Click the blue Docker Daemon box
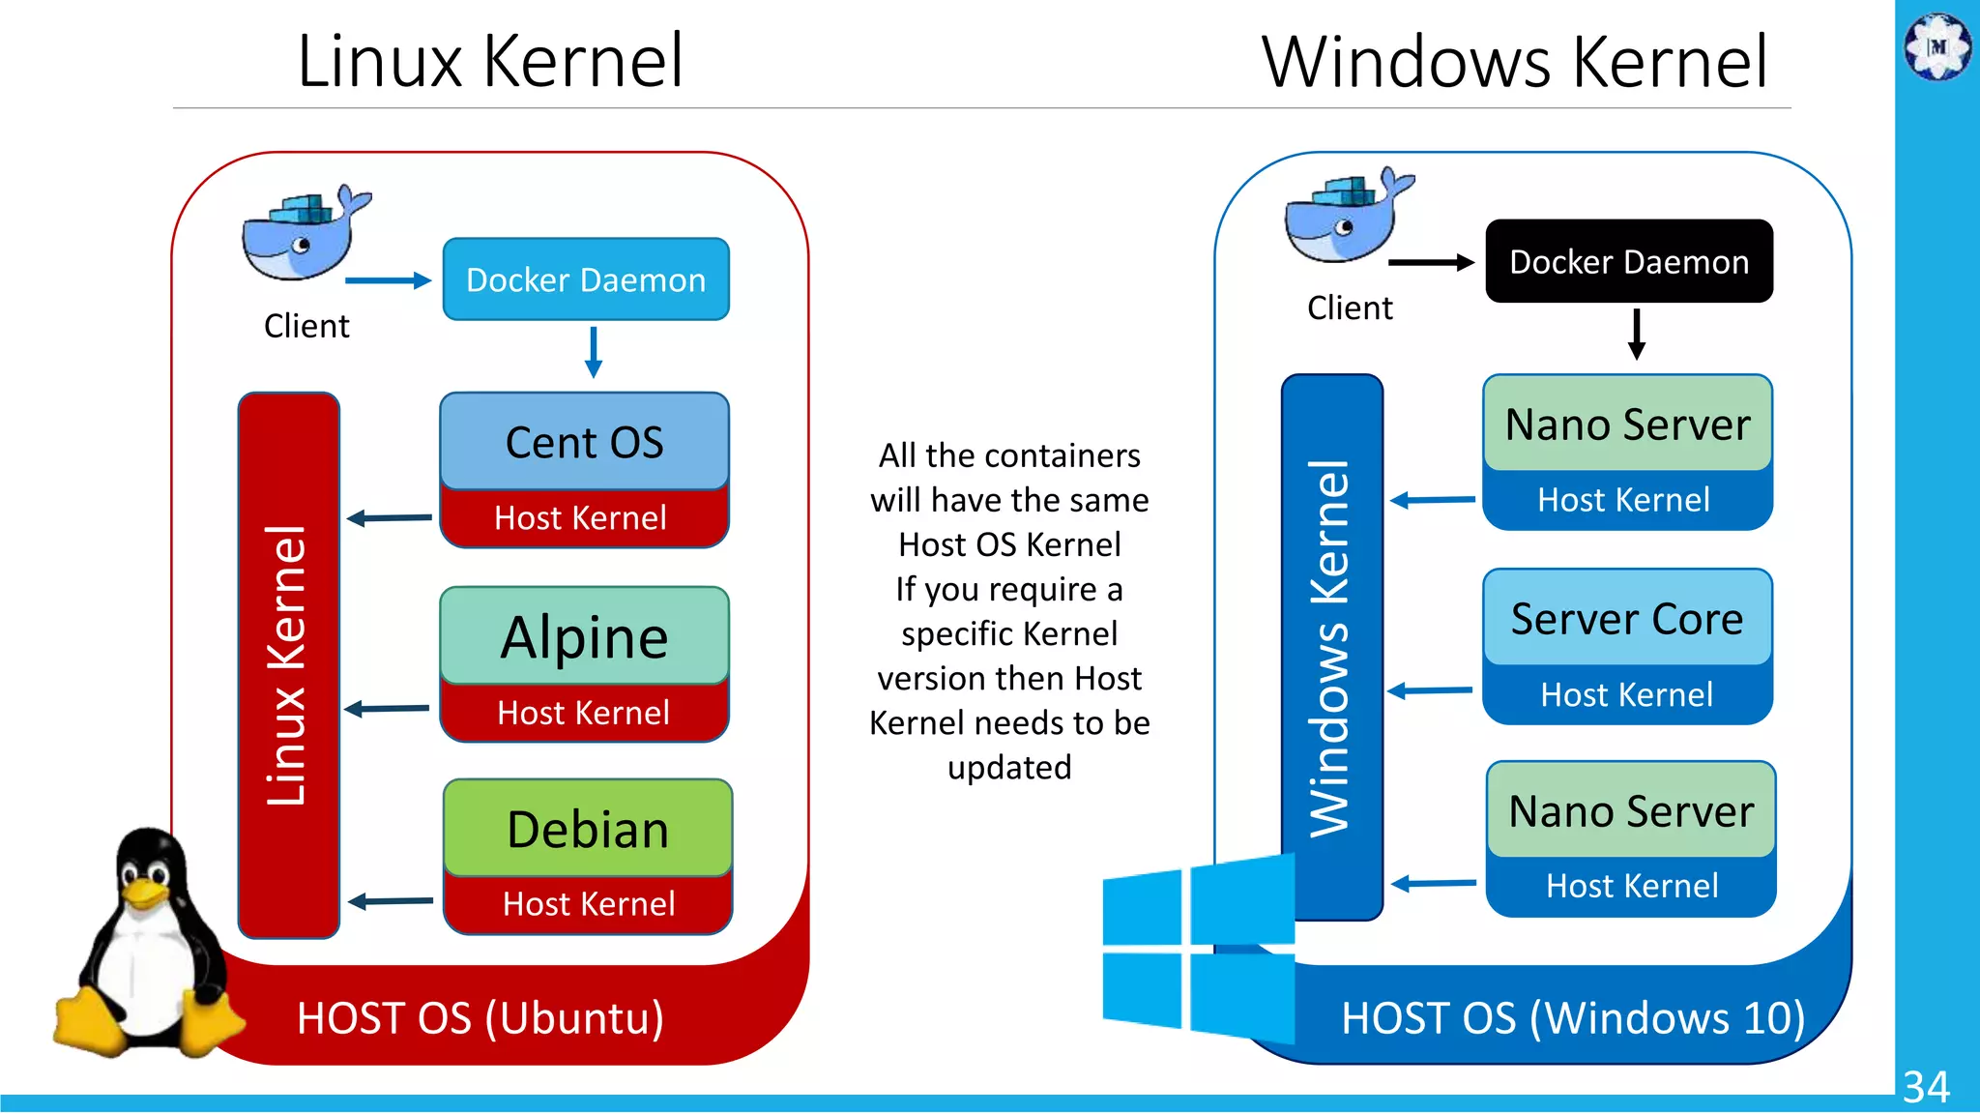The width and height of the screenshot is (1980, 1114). (x=586, y=279)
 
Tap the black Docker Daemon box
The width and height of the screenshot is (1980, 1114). (x=1629, y=261)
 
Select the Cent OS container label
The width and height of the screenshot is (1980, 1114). (x=584, y=442)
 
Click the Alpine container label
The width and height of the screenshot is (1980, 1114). (x=584, y=637)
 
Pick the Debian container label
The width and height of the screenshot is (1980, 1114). (x=588, y=830)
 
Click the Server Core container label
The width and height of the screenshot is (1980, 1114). (x=1627, y=619)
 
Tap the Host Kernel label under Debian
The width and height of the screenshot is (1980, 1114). (x=588, y=904)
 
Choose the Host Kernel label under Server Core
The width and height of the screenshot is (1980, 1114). (x=1627, y=694)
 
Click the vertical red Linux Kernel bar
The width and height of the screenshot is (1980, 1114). (x=288, y=665)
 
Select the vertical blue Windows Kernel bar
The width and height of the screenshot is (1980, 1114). (x=1331, y=646)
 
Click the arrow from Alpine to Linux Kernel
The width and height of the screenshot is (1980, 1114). (x=387, y=709)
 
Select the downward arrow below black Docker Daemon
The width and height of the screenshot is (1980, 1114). (x=1636, y=334)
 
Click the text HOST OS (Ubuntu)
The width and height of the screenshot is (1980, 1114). (x=480, y=1018)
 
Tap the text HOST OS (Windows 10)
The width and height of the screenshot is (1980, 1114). (x=1573, y=1018)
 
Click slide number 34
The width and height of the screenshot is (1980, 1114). (x=1926, y=1087)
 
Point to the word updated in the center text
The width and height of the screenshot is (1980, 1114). (x=1008, y=768)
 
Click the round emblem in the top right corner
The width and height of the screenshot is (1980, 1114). (x=1937, y=45)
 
